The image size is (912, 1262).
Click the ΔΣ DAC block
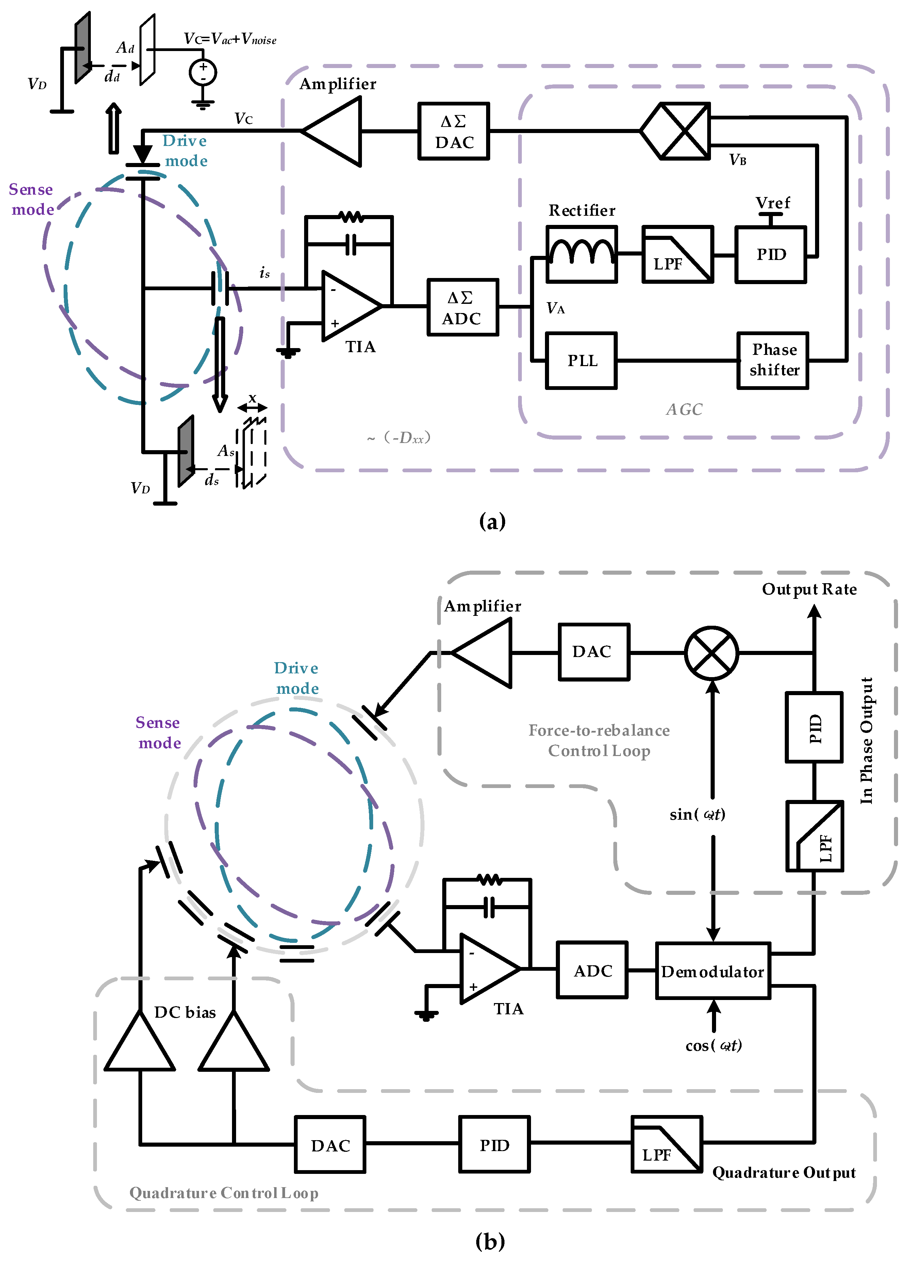tap(453, 131)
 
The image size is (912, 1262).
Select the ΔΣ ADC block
tap(462, 308)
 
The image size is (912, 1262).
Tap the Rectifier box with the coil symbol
tap(581, 254)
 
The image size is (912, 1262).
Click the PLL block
tap(581, 361)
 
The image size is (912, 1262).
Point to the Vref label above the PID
tap(772, 202)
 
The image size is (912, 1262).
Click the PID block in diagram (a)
tap(771, 254)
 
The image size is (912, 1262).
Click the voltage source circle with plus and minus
tap(202, 72)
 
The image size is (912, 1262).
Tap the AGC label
tap(684, 410)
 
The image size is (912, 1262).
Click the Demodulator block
tap(713, 971)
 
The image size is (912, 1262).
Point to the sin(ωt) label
tap(697, 815)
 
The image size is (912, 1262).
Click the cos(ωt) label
tap(713, 1046)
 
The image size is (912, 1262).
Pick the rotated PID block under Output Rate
tap(813, 727)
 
